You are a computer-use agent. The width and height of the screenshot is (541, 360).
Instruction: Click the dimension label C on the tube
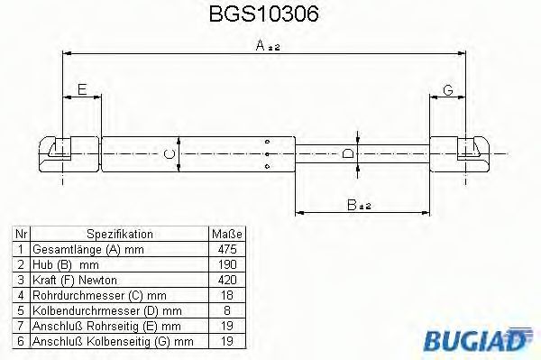[x=170, y=153]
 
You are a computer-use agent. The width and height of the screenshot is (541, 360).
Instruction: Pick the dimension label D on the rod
[x=349, y=153]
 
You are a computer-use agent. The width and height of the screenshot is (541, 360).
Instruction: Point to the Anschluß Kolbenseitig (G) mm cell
[x=113, y=339]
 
